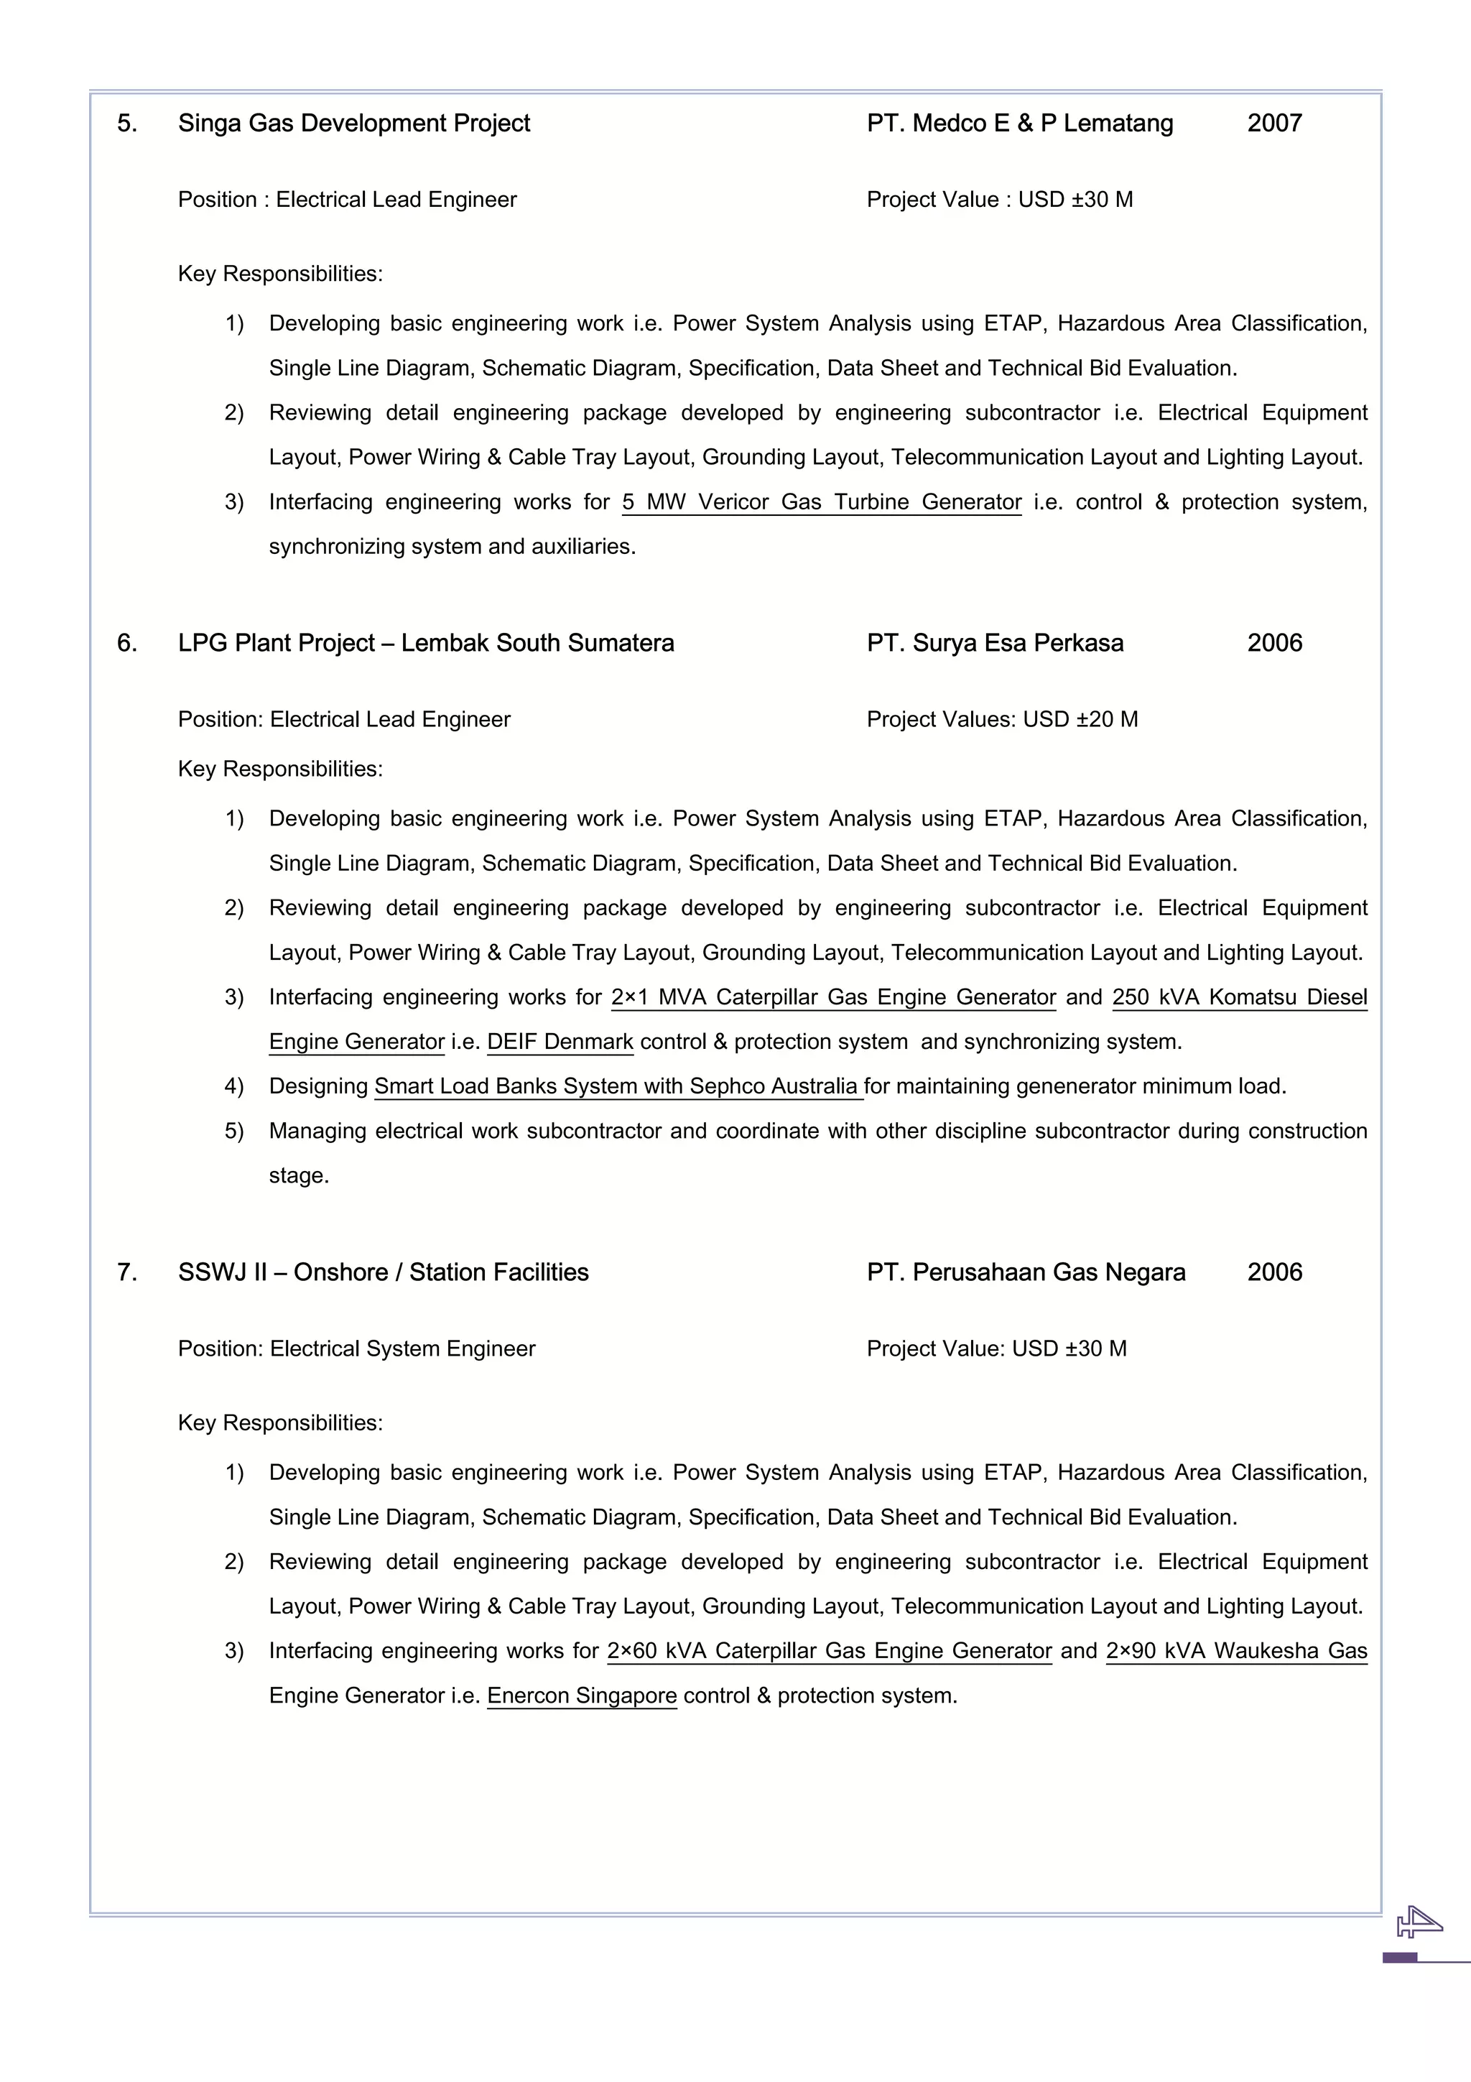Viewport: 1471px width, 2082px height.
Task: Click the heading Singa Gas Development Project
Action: [353, 124]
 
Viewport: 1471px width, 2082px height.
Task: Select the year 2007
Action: [1273, 124]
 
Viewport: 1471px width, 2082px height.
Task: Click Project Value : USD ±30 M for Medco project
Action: [999, 200]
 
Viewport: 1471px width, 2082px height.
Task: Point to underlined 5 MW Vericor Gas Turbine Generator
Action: [821, 502]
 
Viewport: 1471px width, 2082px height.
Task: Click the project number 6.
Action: [127, 643]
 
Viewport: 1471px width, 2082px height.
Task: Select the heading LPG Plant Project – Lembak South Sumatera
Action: [426, 643]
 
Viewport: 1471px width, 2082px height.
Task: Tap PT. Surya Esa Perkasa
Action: [994, 643]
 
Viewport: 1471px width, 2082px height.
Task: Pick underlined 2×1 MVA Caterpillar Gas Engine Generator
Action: [833, 997]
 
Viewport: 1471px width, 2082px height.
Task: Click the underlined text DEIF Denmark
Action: [560, 1042]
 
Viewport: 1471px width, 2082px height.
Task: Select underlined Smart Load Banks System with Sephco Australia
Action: [618, 1086]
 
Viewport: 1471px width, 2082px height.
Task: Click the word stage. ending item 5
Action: [298, 1176]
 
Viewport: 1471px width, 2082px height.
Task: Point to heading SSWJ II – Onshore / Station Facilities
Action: [383, 1272]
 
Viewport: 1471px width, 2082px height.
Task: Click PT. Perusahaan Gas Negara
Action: [1025, 1272]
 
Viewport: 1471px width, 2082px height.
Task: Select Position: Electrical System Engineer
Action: [356, 1348]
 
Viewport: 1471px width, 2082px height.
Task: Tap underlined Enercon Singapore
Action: [582, 1695]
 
